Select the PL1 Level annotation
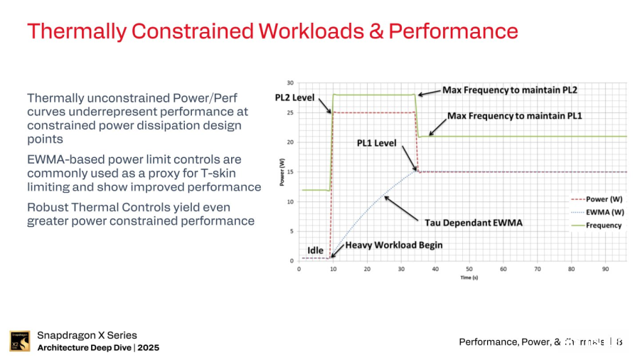(x=377, y=143)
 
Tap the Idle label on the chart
(x=316, y=250)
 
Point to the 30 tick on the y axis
(x=290, y=83)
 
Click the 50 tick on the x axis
(x=469, y=270)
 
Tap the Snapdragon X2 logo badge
(x=20, y=342)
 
